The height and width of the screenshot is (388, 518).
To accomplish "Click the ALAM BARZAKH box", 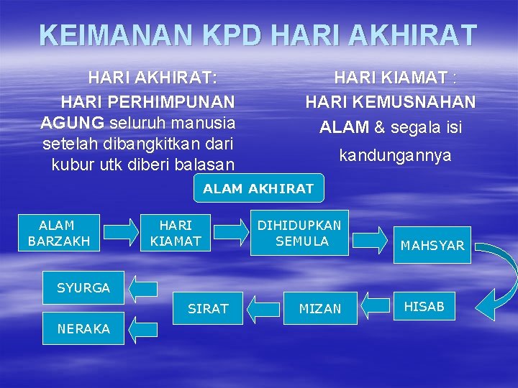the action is [x=59, y=234].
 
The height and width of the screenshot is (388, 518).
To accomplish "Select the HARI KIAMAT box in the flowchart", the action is [x=176, y=234].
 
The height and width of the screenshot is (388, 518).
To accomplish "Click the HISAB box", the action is [x=424, y=307].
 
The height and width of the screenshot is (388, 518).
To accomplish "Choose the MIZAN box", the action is [x=320, y=308].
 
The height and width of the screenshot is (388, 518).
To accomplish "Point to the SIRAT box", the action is [x=208, y=308].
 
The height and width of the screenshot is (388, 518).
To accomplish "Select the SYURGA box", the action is [x=83, y=288].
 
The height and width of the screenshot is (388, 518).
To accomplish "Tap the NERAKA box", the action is [x=83, y=328].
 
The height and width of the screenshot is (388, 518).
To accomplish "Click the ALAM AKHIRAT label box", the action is [x=258, y=189].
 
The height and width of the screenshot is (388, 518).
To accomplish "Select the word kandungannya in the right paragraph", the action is [x=395, y=155].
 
